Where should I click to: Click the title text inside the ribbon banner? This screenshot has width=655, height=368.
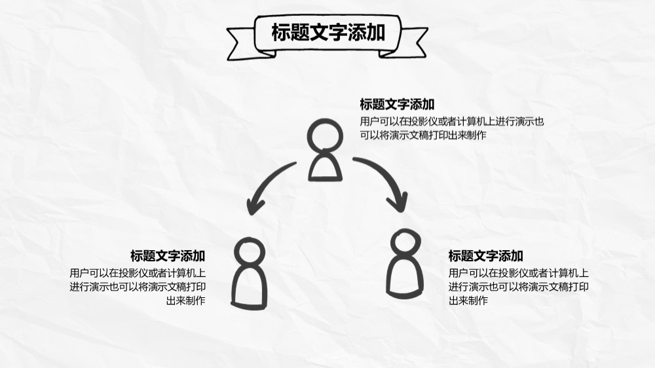(328, 33)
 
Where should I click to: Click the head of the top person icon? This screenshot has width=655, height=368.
(325, 136)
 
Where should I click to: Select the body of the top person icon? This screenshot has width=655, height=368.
(325, 166)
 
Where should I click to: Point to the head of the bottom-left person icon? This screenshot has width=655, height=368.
(250, 252)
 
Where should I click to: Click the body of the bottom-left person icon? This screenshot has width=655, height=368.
(249, 287)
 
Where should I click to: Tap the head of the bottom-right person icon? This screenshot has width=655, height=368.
(405, 243)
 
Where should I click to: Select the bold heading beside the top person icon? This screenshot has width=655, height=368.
(398, 104)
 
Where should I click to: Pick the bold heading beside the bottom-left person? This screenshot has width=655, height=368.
(168, 255)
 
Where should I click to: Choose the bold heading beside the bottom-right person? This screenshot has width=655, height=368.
(486, 255)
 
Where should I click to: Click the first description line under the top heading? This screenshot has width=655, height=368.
(452, 122)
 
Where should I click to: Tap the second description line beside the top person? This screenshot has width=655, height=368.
(423, 136)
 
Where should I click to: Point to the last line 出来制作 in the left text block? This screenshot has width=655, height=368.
(185, 301)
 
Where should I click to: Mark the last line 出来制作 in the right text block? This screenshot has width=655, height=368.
(468, 301)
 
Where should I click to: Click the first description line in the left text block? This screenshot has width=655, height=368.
(138, 273)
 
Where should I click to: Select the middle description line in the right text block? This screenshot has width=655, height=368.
(518, 287)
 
